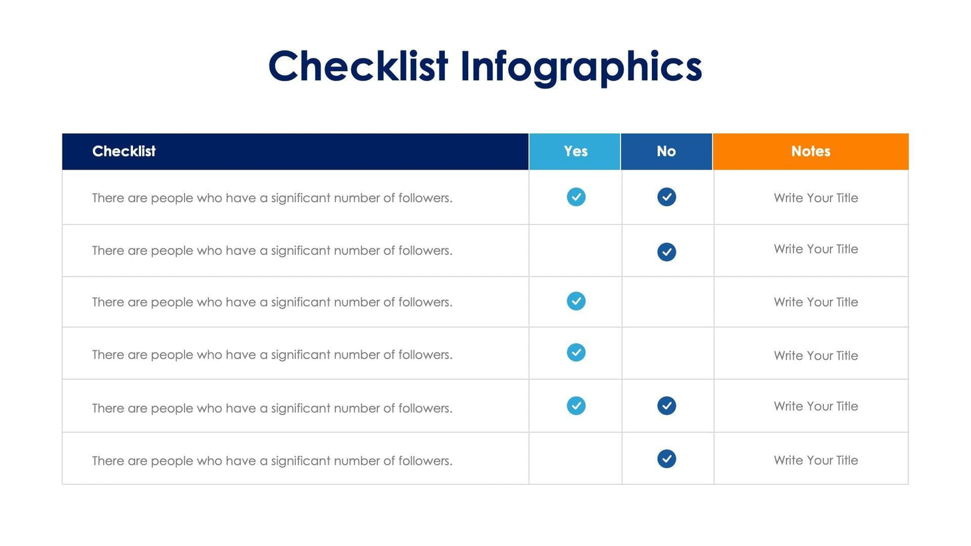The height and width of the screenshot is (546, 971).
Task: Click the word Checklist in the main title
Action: tap(358, 67)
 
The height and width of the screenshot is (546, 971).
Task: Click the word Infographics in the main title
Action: tap(581, 68)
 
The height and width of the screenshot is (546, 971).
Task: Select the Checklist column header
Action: tap(124, 152)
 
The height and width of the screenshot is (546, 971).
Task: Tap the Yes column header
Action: tap(575, 152)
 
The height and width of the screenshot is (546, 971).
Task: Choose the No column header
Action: tap(666, 152)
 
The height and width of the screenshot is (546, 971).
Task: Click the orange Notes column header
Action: tap(810, 152)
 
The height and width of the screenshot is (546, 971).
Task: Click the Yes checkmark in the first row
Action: tap(576, 197)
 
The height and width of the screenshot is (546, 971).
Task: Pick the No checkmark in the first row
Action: tap(666, 197)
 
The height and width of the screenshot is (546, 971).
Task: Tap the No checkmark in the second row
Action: tap(666, 251)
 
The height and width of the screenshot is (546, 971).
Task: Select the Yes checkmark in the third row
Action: tap(576, 301)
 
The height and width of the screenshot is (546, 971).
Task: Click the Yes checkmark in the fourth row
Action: tap(576, 352)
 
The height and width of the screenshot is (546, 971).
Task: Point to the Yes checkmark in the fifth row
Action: tap(576, 406)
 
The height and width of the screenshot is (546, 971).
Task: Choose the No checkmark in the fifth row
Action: tap(666, 406)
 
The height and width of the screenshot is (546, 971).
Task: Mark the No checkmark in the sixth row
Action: tap(666, 459)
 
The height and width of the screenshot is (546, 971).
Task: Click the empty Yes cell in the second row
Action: tap(575, 251)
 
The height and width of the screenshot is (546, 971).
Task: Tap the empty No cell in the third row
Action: tap(667, 302)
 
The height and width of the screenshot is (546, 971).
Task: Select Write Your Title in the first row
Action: tap(815, 198)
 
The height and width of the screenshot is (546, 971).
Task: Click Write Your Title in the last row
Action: tap(815, 460)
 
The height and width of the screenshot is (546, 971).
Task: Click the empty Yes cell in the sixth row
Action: tap(575, 459)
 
